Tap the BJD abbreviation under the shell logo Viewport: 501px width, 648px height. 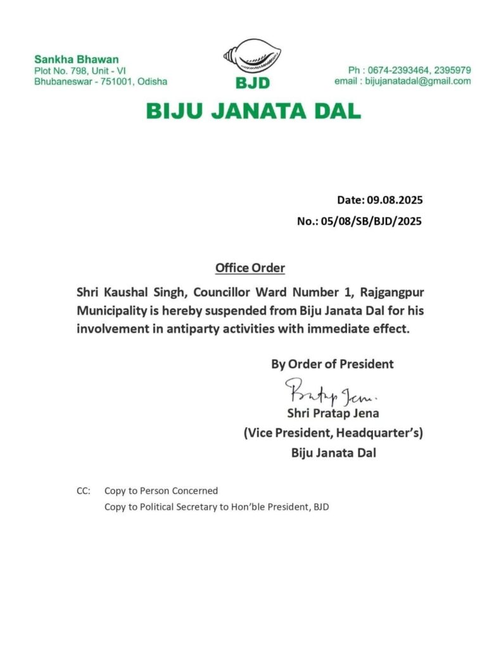point(253,84)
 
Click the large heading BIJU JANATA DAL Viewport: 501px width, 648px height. point(253,111)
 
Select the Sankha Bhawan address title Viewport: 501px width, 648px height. point(67,59)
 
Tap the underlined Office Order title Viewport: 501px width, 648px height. point(250,268)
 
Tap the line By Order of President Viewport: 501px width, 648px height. point(333,364)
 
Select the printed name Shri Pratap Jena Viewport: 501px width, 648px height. point(333,414)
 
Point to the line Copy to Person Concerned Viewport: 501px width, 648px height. point(161,490)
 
